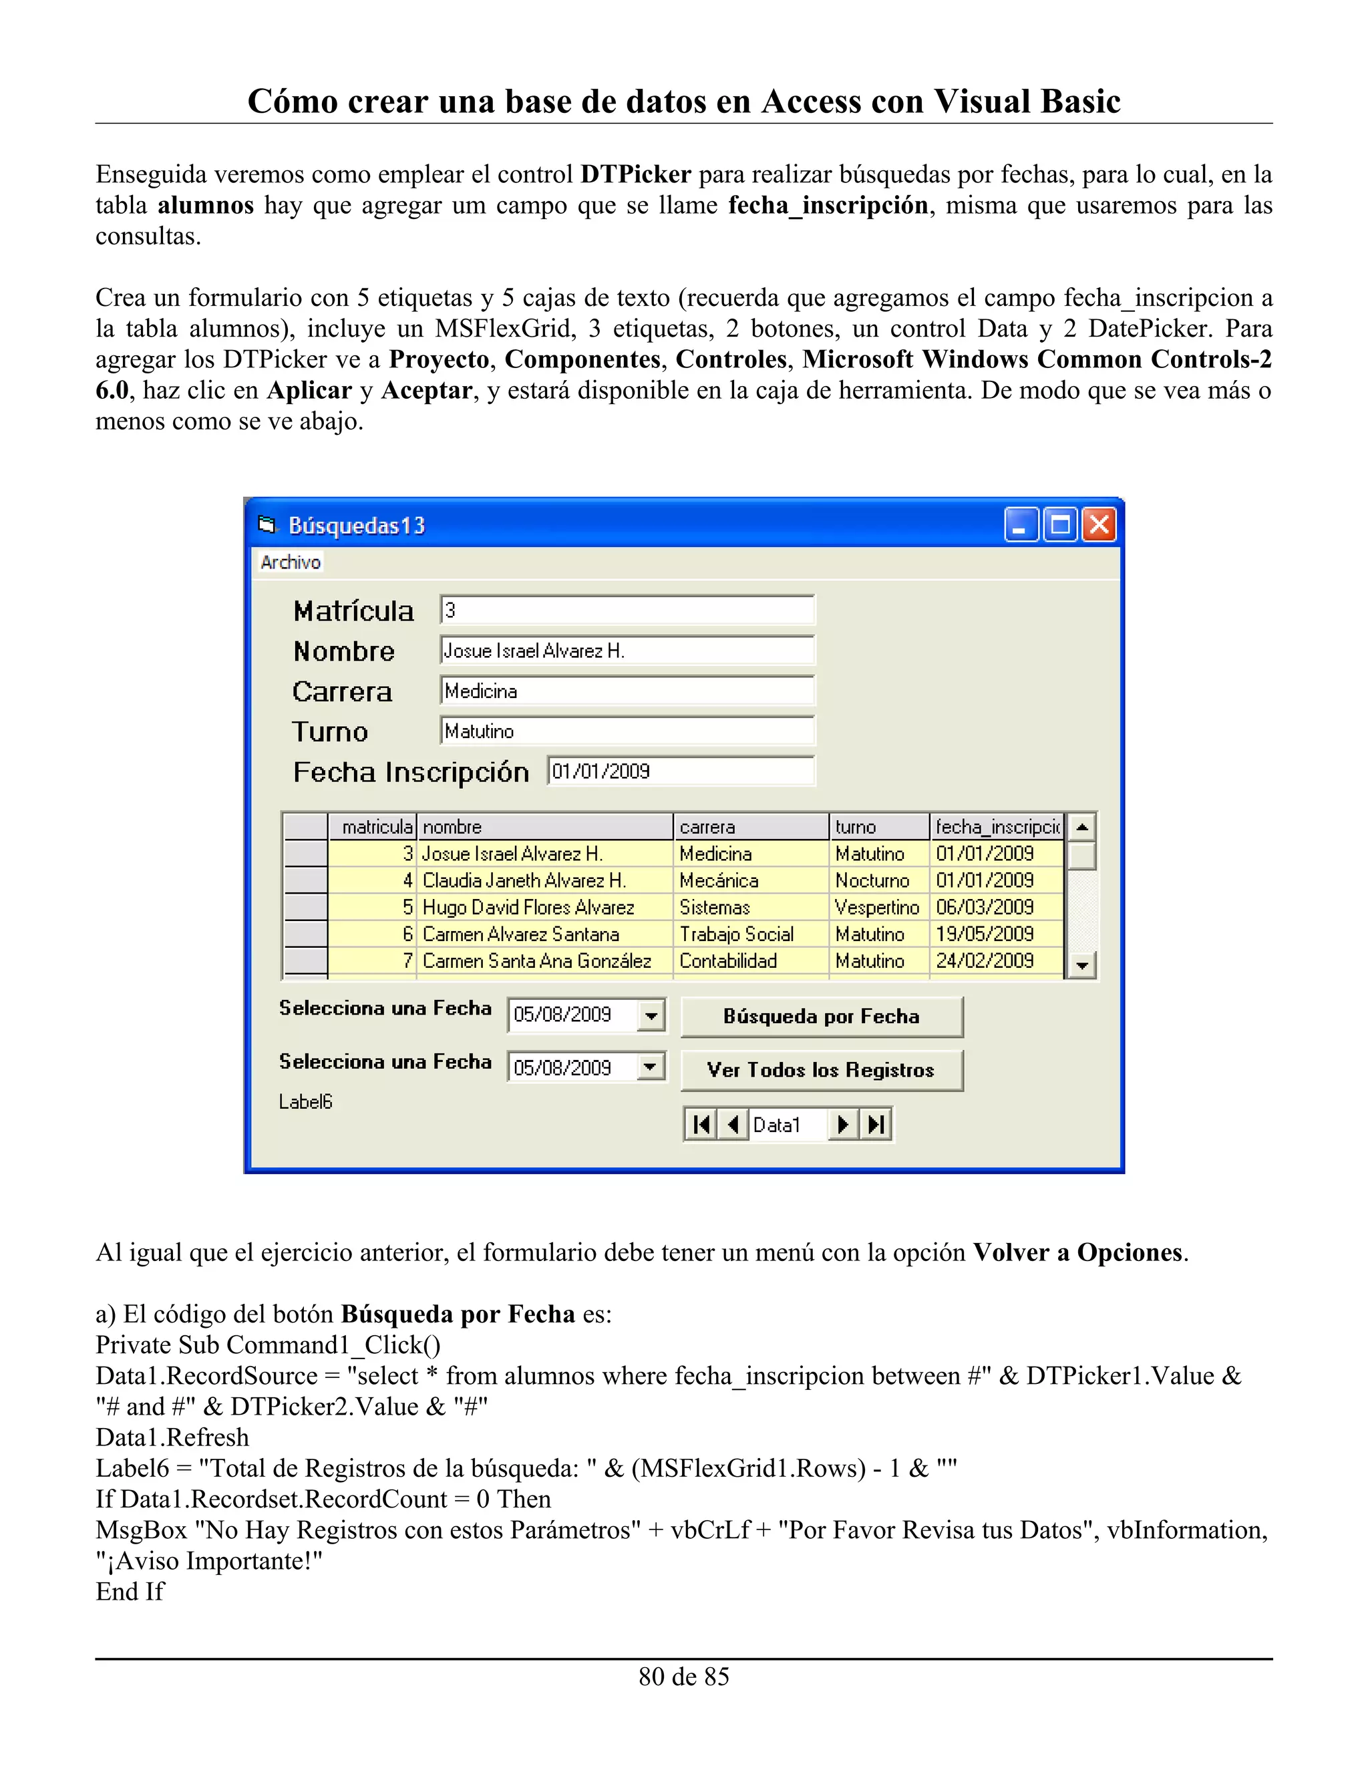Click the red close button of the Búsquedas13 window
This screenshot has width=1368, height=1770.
click(x=1099, y=525)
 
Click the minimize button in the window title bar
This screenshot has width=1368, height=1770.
click(x=1021, y=525)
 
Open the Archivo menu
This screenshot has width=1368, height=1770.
click(x=290, y=562)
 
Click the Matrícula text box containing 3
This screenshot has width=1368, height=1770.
click(x=627, y=610)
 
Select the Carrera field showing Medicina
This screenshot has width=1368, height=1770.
click(x=627, y=691)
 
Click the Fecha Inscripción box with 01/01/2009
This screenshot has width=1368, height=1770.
click(x=680, y=771)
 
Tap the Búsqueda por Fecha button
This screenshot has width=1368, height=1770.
click(x=821, y=1017)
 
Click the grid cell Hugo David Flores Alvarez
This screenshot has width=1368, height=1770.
click(x=528, y=907)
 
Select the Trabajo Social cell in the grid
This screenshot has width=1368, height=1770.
click(x=736, y=934)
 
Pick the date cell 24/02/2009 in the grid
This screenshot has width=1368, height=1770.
click(x=985, y=960)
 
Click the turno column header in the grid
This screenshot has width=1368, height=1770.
click(x=878, y=827)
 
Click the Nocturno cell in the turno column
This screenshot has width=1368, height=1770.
click(x=872, y=880)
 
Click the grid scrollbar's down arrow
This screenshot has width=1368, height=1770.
click(x=1081, y=965)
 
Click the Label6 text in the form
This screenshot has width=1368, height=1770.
click(x=305, y=1101)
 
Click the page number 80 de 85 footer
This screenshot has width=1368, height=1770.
click(x=683, y=1676)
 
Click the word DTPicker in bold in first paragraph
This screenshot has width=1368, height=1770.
click(x=635, y=174)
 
